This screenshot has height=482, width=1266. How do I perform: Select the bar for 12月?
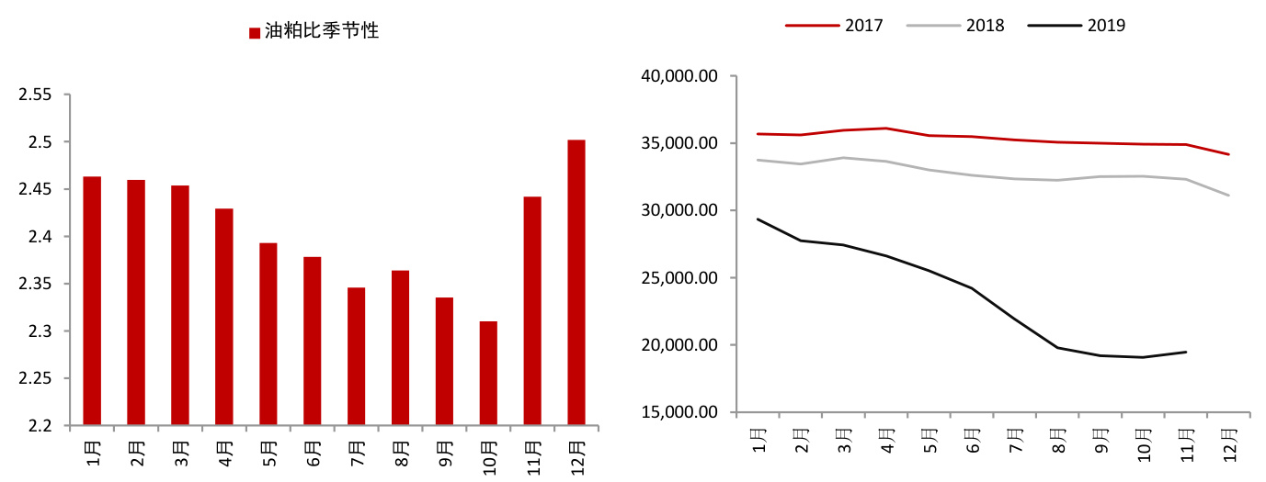(576, 282)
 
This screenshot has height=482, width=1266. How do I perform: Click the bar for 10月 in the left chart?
(488, 373)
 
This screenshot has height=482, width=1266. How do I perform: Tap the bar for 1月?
(92, 300)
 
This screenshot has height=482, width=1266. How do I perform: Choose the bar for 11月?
(532, 310)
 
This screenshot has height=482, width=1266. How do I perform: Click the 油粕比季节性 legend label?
(322, 31)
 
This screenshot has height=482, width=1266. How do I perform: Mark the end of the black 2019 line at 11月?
(1186, 352)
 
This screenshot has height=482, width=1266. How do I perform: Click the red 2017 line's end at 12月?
(1229, 154)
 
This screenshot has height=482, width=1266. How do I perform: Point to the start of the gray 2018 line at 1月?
(758, 160)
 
